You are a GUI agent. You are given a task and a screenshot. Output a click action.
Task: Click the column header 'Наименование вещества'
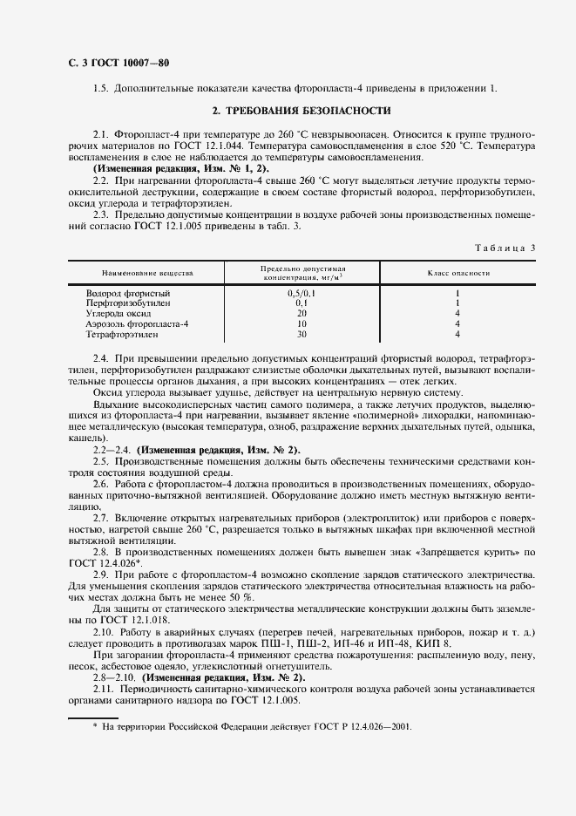146,273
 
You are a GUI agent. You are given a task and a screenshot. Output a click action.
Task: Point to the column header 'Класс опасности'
457,273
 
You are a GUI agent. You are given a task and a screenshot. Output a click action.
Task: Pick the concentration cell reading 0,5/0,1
302,293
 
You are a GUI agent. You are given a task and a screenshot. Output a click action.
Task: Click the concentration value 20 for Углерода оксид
302,313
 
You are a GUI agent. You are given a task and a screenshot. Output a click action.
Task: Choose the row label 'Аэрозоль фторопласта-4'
137,323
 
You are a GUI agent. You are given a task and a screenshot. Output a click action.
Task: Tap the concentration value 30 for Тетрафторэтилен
302,333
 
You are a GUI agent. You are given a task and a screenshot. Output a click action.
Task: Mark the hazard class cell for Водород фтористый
457,293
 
